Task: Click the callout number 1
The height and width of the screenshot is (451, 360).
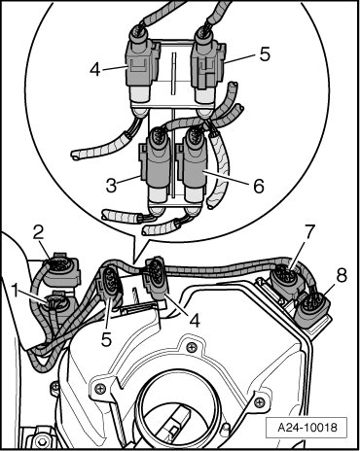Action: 15,291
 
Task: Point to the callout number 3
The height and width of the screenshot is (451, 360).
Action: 111,186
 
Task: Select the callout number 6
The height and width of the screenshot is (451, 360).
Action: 259,186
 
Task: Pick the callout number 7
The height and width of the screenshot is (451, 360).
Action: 308,232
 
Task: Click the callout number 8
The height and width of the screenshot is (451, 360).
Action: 342,275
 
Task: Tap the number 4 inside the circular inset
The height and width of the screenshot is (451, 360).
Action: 95,69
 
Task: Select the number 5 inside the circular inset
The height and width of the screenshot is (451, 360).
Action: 265,54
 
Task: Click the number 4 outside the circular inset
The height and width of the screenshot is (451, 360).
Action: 195,320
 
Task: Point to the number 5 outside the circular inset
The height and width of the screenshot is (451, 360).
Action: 106,339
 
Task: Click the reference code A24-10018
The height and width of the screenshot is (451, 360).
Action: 307,427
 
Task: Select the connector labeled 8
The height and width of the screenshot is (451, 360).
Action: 314,308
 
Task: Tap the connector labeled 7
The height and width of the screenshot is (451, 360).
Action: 286,281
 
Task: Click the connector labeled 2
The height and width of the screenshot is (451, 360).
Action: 61,270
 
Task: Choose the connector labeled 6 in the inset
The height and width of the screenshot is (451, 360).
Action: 194,168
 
